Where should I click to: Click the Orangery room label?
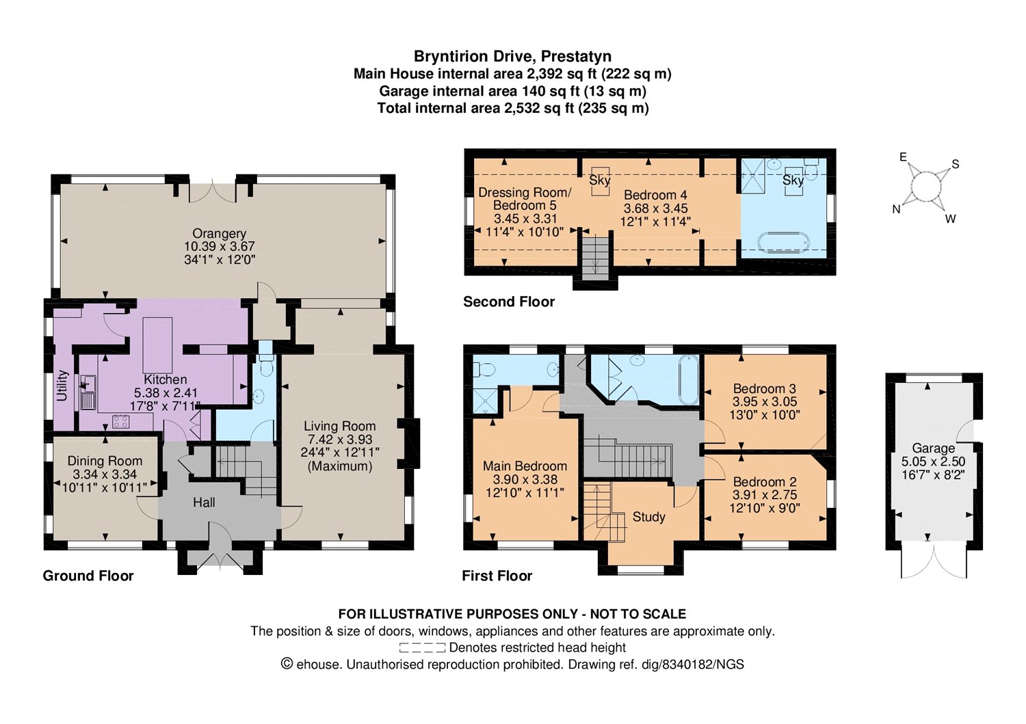click(x=220, y=234)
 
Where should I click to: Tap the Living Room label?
click(x=340, y=427)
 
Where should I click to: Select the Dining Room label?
click(x=105, y=461)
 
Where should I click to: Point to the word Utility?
click(x=62, y=386)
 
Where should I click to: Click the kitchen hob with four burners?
click(x=121, y=422)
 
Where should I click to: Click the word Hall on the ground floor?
click(x=204, y=502)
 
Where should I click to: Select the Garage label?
click(x=934, y=448)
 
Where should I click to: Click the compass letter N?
click(x=896, y=209)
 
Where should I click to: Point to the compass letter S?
click(x=956, y=164)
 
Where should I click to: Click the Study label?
click(x=648, y=517)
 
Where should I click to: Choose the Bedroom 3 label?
click(x=765, y=388)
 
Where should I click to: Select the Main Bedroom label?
click(x=525, y=466)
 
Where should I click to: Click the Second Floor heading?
click(x=509, y=301)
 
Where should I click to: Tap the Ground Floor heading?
click(x=88, y=576)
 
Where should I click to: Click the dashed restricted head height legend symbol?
click(x=422, y=647)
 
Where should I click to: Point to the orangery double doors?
click(x=213, y=192)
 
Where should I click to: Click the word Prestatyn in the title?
click(x=576, y=56)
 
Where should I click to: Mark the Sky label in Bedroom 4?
click(x=600, y=180)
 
